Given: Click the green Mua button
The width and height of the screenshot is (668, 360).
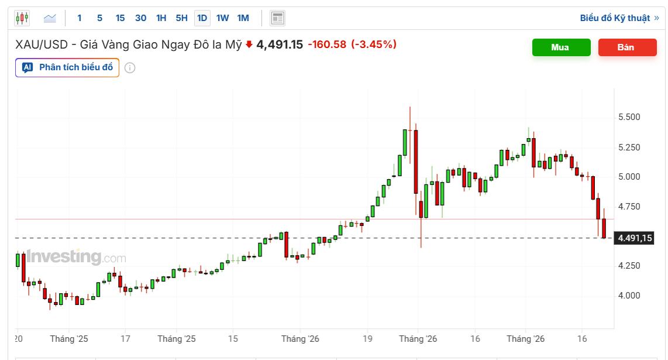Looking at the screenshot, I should [561, 47].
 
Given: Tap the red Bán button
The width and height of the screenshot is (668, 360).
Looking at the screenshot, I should [627, 47].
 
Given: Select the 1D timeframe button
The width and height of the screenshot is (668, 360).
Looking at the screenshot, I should [202, 18].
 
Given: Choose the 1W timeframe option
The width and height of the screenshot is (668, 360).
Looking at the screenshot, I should [222, 18].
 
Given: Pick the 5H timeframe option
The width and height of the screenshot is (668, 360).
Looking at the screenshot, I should [181, 18].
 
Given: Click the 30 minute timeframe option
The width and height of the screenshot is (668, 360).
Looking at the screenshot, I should [140, 18].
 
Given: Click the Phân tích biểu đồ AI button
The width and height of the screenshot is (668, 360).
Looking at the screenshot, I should [67, 68].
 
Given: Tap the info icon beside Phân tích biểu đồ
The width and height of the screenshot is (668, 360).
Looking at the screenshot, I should [130, 68].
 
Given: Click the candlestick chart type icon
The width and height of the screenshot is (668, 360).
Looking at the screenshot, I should [22, 18].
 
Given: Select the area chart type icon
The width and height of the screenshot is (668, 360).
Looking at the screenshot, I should [50, 18].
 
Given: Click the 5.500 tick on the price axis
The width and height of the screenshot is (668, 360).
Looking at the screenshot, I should [629, 117].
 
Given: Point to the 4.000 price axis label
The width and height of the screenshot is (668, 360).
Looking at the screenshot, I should [629, 296].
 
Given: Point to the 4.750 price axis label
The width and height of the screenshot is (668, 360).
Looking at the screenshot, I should [629, 207].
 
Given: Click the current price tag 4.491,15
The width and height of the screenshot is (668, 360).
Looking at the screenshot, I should [634, 238].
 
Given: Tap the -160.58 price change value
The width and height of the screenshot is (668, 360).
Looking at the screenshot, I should [327, 44].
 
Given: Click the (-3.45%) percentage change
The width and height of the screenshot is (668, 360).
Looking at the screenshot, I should [374, 44].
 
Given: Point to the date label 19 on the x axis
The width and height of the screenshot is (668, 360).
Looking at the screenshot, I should [367, 339].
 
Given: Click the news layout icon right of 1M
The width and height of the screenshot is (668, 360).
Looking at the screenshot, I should [277, 18].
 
